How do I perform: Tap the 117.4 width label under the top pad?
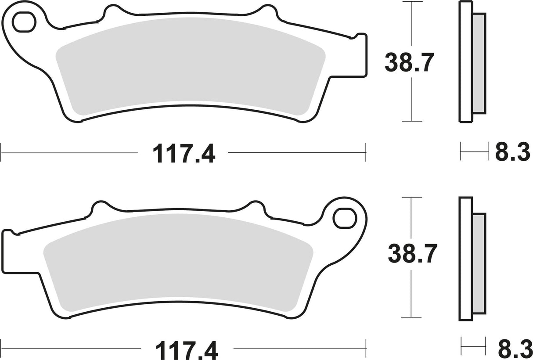coord(184,154)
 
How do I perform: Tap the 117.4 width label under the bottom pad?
coord(187,350)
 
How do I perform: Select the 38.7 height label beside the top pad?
coord(409,63)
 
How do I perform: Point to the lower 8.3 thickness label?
coord(515,350)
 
